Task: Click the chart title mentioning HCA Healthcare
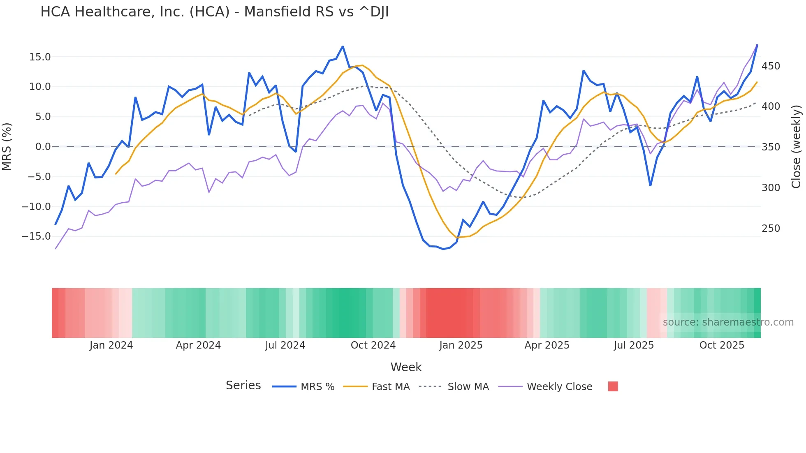(x=214, y=12)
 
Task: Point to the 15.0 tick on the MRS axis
(x=40, y=57)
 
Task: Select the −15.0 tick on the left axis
(x=36, y=236)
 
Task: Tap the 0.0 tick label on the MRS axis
(x=43, y=147)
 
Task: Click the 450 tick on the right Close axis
(x=771, y=66)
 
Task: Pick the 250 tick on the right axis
(x=771, y=229)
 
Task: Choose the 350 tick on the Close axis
(x=771, y=147)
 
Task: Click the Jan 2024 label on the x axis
(x=111, y=345)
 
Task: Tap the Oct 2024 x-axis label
(x=373, y=345)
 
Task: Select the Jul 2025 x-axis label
(x=634, y=345)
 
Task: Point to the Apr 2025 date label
(x=547, y=345)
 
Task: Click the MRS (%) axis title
(x=7, y=147)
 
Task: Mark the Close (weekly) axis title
(x=796, y=147)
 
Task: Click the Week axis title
(x=406, y=367)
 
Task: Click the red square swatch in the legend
(x=613, y=386)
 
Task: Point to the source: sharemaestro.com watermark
(x=728, y=322)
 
